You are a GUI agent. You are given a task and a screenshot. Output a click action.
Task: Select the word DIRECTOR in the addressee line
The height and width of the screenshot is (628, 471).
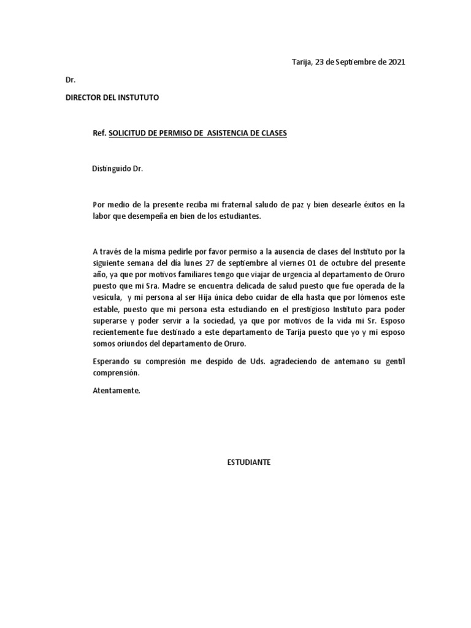[85, 98]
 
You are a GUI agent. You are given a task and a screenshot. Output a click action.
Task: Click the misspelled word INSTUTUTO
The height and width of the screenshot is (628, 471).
[139, 98]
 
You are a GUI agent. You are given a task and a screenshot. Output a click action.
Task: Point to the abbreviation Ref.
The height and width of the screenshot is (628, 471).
[99, 133]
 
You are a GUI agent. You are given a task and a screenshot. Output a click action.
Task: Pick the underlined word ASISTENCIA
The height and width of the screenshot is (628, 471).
[231, 133]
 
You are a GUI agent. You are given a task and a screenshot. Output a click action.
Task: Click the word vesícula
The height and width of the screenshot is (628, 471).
[106, 297]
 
